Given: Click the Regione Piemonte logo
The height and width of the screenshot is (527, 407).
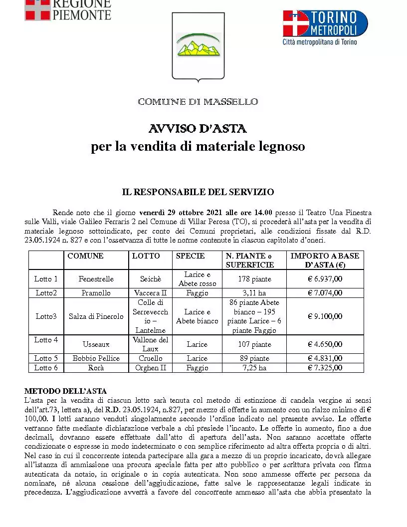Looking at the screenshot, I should [x=68, y=9].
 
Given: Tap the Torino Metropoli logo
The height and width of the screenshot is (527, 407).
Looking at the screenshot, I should [x=325, y=27].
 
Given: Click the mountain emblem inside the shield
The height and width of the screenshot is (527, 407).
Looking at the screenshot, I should [x=198, y=44].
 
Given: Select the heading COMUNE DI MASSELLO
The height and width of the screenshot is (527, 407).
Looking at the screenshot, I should [x=198, y=102].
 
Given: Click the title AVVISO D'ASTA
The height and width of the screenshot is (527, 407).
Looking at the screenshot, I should [x=198, y=129].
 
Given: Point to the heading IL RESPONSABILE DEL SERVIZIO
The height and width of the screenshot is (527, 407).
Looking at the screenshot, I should [x=198, y=192].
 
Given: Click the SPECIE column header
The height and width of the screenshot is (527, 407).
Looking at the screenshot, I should [x=190, y=256].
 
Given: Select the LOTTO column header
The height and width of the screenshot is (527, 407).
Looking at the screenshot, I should [x=146, y=256].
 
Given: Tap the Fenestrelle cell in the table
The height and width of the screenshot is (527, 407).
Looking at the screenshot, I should [x=96, y=279].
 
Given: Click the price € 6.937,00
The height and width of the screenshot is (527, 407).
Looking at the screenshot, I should [x=325, y=279].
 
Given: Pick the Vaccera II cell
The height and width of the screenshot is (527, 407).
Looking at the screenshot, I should [x=151, y=293].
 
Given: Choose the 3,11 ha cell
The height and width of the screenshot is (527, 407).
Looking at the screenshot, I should [x=254, y=293].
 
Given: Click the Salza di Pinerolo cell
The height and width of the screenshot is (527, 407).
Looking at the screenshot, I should [x=96, y=316].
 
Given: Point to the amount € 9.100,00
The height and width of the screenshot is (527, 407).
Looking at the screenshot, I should [x=325, y=316].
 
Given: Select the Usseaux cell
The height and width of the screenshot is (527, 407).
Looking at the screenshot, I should [x=96, y=344].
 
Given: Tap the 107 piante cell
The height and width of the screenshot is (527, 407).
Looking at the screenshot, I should [x=254, y=344].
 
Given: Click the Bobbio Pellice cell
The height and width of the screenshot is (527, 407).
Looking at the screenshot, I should [x=96, y=358].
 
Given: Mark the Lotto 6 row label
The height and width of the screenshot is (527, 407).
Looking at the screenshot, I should [x=46, y=368].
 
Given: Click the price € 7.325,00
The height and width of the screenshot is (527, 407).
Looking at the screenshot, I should [x=325, y=368].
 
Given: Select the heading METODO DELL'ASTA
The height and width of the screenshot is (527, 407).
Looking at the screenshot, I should [x=65, y=391].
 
